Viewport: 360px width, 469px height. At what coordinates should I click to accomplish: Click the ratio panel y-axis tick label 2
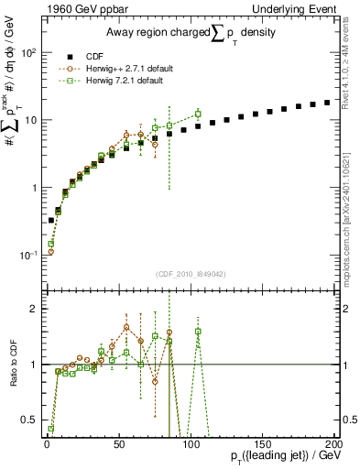coord(34,309)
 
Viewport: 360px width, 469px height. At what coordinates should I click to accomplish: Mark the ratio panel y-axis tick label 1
coord(34,365)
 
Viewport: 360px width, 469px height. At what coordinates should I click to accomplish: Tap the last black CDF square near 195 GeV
coord(327,103)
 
